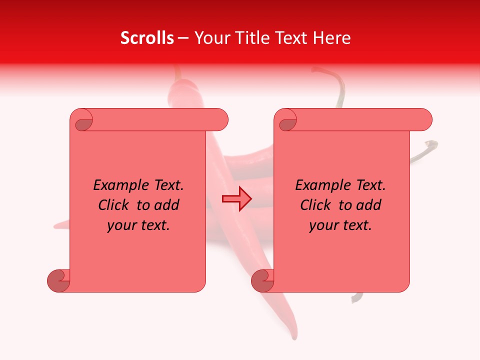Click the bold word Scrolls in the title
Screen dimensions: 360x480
pos(147,38)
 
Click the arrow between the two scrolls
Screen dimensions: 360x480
pos(236,199)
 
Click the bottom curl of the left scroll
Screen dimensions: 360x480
pos(58,280)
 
